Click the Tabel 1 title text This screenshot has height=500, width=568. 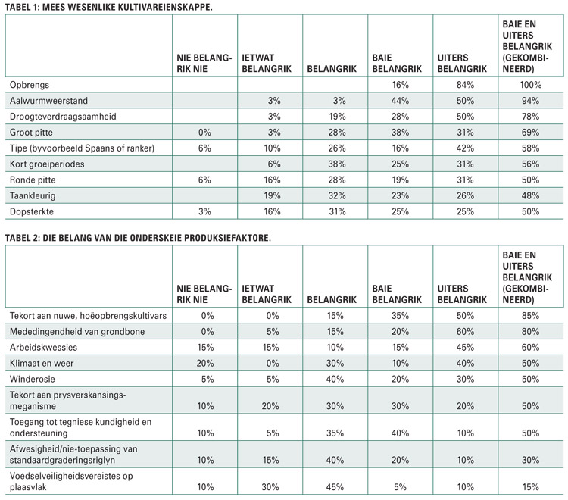pos(108,7)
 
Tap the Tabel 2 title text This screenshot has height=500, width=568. pos(138,238)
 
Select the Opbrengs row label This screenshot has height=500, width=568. pos(30,85)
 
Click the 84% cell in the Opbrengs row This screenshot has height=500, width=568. pos(465,85)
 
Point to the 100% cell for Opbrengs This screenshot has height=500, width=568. pos(530,85)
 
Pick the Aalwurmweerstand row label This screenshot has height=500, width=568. pos(48,100)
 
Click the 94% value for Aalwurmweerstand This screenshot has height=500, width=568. pos(530,100)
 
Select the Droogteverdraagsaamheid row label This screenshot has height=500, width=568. pos(63,117)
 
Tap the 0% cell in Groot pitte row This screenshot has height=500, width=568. pos(204,133)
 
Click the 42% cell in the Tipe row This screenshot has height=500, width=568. pos(465,148)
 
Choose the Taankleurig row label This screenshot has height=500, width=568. pos(33,196)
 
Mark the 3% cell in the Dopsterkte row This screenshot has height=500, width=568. pos(204,211)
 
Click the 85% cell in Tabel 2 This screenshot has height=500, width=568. pos(530,316)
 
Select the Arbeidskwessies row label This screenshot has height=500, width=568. pos(43,348)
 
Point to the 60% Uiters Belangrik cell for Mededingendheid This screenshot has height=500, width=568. pos(465,332)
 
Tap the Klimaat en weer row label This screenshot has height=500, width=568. pos(42,363)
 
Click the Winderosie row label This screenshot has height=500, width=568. pos(33,379)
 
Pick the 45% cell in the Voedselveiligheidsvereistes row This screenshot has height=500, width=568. pos(335,487)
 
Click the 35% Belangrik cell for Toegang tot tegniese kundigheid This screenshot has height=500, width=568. pos(335,433)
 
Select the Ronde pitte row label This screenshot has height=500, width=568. pos(33,180)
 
